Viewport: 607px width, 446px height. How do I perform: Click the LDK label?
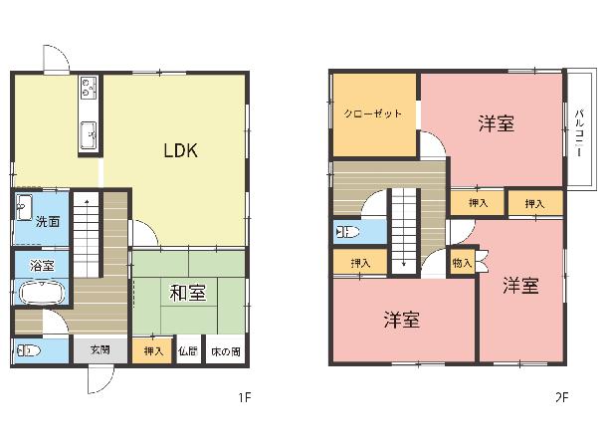[x=181, y=150]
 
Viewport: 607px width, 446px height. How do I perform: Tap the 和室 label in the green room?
[x=188, y=293]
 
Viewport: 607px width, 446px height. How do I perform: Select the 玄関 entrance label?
[x=101, y=350]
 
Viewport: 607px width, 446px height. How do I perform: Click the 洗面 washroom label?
[x=48, y=221]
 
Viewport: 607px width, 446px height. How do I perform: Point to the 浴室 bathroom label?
[x=42, y=265]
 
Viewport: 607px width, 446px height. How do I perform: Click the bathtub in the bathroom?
[x=42, y=293]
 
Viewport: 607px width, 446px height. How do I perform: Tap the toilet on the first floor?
[x=29, y=350]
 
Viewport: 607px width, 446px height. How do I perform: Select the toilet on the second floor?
[x=347, y=232]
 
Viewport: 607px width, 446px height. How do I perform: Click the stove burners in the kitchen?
[x=89, y=87]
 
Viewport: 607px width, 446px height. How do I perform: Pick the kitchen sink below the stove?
[x=89, y=135]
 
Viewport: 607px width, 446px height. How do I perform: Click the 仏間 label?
[x=188, y=351]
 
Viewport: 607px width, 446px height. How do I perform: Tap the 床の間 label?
[x=226, y=351]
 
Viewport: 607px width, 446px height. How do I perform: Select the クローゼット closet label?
[x=373, y=113]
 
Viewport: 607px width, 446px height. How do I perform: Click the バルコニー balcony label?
[x=579, y=133]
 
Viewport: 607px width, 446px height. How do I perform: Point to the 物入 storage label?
[x=462, y=263]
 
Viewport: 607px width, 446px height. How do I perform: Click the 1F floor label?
[x=245, y=397]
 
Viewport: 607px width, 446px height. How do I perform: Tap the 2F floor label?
[x=561, y=397]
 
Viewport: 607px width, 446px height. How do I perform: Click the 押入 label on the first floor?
[x=153, y=351]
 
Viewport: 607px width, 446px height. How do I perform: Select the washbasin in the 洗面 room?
[x=24, y=207]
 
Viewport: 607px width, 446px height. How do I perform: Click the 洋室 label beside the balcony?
[x=497, y=123]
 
